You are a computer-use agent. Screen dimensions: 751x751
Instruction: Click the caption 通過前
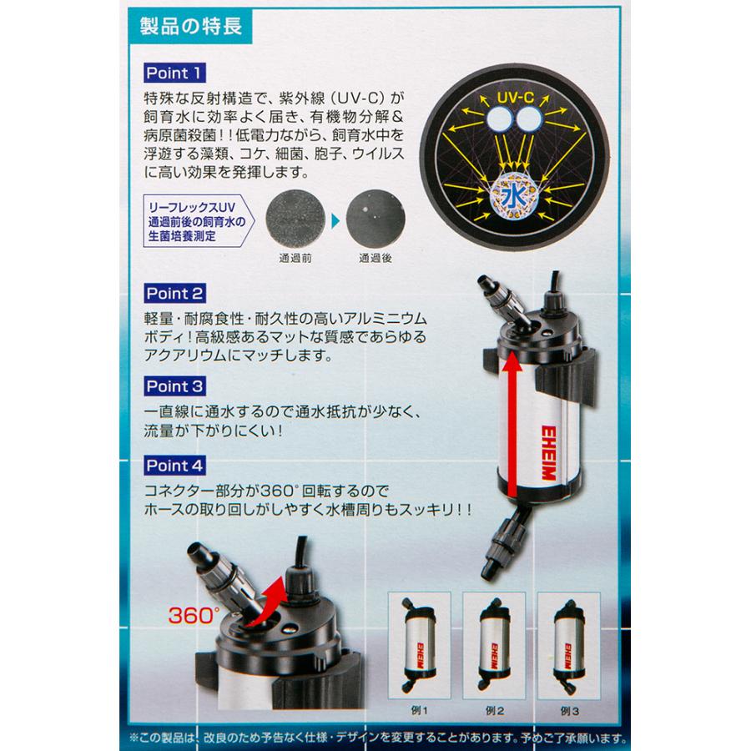tap(295, 258)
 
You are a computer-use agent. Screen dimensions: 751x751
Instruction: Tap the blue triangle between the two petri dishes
tap(335, 220)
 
